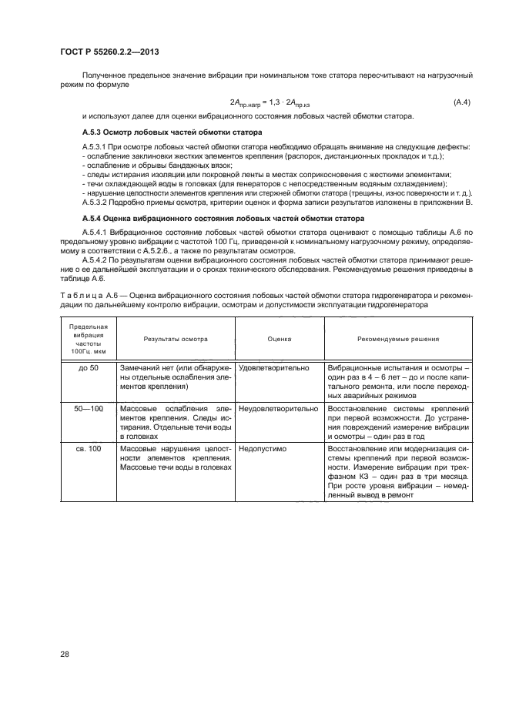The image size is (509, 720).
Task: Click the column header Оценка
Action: [x=279, y=339]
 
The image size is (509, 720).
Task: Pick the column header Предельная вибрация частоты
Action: [x=88, y=339]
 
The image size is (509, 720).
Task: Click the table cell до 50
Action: [x=88, y=369]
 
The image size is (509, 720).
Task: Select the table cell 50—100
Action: [x=88, y=408]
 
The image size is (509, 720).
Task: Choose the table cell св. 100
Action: [x=88, y=447]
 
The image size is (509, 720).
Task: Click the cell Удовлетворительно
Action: [x=274, y=369]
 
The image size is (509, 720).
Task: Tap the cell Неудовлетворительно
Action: [x=278, y=408]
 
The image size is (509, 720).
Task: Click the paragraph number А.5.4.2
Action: [x=96, y=261]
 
